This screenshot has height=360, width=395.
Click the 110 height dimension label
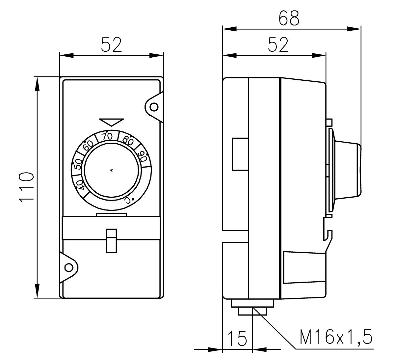26,187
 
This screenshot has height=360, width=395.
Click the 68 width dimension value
289,18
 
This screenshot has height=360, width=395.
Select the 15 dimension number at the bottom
237,338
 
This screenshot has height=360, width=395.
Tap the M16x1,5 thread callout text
336,337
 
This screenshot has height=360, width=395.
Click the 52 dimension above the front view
111,45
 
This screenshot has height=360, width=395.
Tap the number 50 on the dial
78,164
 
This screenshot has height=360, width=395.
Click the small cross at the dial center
111,170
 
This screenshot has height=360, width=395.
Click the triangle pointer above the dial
111,122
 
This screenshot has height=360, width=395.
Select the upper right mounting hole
154,107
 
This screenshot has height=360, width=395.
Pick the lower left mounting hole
68,267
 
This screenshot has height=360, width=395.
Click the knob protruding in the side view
349,170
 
